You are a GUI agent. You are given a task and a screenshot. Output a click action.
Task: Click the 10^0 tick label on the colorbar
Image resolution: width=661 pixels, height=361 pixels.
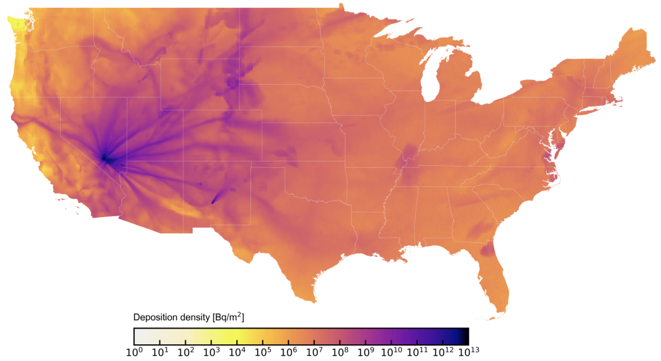point(134,353)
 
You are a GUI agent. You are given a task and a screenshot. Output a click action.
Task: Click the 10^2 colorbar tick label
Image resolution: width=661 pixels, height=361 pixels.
point(185,353)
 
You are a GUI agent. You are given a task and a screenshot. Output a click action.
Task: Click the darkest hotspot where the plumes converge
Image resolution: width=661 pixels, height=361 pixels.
point(105,158)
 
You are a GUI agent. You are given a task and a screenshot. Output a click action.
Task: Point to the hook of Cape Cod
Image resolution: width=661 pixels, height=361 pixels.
point(620,99)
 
